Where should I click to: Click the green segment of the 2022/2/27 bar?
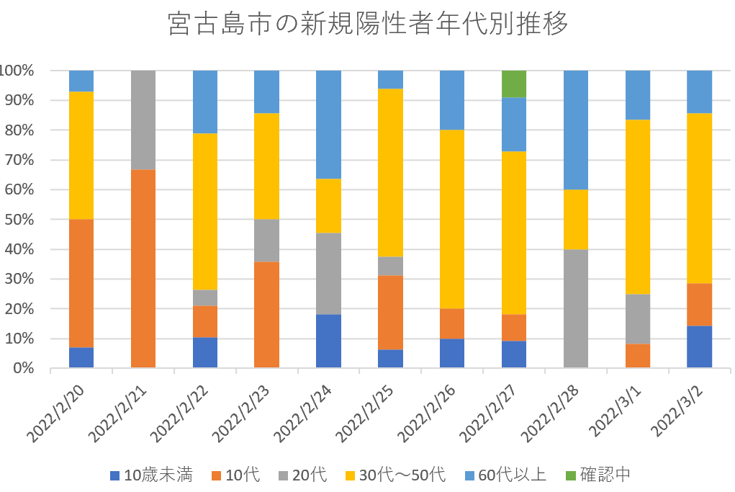(514, 84)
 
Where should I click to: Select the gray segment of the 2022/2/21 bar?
(143, 120)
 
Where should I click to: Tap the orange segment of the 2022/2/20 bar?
(81, 283)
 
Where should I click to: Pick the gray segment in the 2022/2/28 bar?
(575, 308)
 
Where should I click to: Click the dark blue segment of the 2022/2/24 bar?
(328, 341)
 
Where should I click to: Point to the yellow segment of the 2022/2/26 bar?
(452, 219)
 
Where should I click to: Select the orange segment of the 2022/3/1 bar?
(637, 356)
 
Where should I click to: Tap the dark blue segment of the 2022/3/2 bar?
(699, 346)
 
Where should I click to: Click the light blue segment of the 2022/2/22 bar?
(205, 102)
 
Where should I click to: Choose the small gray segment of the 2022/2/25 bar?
(390, 266)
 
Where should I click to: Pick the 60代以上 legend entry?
(507, 475)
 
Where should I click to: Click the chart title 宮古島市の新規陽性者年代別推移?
(367, 24)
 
